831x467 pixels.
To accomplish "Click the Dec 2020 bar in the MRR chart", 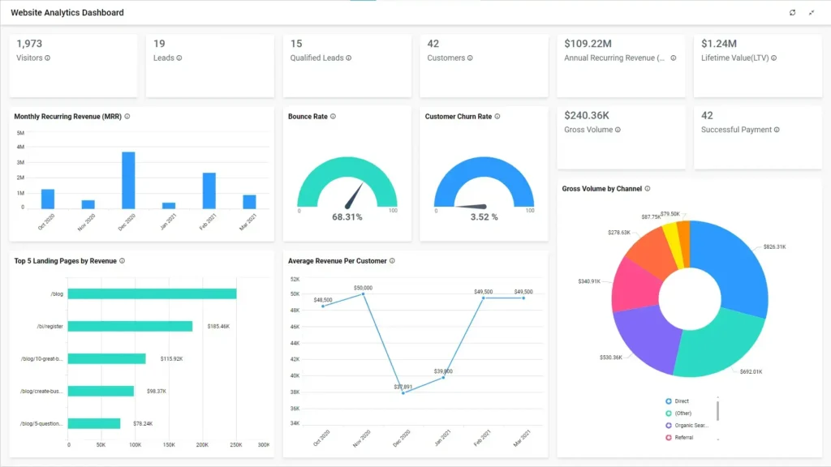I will [128, 180].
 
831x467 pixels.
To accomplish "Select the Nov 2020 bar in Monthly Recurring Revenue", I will [88, 204].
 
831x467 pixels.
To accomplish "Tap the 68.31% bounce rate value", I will [347, 217].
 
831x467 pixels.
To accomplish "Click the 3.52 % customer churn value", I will [484, 217].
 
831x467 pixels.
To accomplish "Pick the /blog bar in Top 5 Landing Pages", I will [152, 293].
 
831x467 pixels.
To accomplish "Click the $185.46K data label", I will [218, 326].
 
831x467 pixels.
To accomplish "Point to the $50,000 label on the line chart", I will [363, 288].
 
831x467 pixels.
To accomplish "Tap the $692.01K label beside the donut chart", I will [751, 371].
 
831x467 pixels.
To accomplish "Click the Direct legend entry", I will [681, 401].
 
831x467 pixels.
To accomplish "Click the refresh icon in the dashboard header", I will [793, 13].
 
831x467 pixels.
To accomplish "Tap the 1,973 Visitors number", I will [29, 44].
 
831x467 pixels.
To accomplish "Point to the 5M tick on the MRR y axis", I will [20, 133].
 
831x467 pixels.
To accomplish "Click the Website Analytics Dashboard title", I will [67, 13].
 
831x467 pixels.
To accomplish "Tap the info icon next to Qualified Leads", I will [349, 58].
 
